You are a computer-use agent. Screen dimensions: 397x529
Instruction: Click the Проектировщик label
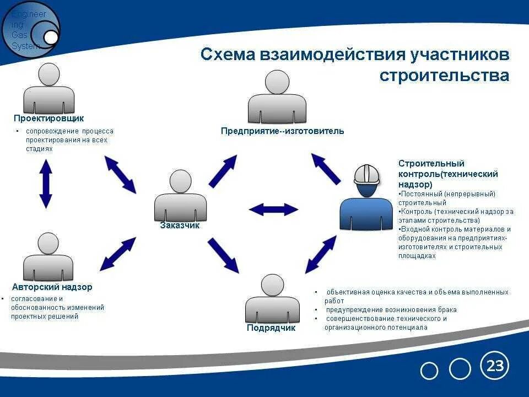pyautogui.click(x=49, y=118)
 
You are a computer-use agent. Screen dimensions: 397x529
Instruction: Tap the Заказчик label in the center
pyautogui.click(x=180, y=225)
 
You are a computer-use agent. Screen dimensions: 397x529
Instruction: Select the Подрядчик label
pyautogui.click(x=271, y=328)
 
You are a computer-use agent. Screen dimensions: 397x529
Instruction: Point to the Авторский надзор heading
pyautogui.click(x=52, y=287)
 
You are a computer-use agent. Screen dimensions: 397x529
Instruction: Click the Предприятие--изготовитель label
pyautogui.click(x=282, y=131)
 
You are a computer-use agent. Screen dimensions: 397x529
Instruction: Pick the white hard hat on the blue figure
pyautogui.click(x=367, y=174)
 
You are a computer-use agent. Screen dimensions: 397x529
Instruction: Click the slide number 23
pyautogui.click(x=495, y=366)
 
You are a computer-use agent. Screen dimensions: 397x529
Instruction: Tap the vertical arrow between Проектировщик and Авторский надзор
pyautogui.click(x=46, y=184)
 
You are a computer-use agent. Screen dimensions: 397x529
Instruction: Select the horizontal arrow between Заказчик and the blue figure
pyautogui.click(x=273, y=209)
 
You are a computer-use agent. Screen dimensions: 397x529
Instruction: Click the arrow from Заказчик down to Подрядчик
pyautogui.click(x=223, y=255)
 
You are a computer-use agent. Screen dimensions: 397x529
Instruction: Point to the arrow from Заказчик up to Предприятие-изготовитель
pyautogui.click(x=223, y=171)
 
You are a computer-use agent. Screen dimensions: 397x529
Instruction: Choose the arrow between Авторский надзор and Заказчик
pyautogui.click(x=117, y=254)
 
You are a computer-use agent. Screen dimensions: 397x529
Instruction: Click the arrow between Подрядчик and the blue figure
pyautogui.click(x=321, y=254)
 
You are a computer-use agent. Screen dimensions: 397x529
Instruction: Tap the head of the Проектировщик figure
pyautogui.click(x=49, y=74)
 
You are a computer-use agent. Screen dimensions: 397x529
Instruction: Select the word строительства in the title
pyautogui.click(x=444, y=75)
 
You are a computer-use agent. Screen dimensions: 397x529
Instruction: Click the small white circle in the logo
pyautogui.click(x=51, y=37)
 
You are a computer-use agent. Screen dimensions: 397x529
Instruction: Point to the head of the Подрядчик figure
pyautogui.click(x=272, y=285)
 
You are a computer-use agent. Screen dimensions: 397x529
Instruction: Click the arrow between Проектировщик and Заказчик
pyautogui.click(x=120, y=174)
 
